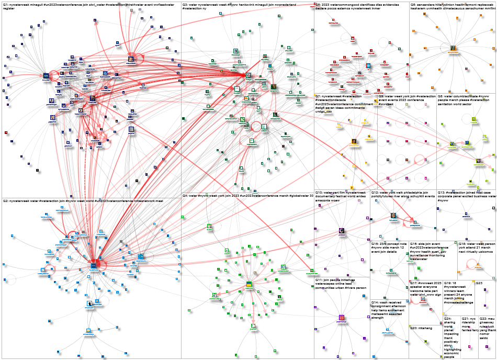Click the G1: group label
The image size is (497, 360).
[6, 4]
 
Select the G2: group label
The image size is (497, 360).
[6, 201]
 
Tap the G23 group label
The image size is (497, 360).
[479, 283]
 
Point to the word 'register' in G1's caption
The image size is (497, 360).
[9, 8]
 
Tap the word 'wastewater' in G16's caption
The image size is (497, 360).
[420, 259]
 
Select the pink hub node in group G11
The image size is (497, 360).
[341, 317]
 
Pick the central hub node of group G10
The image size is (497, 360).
[341, 230]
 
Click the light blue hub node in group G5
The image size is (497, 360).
[368, 66]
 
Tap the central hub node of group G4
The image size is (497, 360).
[249, 285]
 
